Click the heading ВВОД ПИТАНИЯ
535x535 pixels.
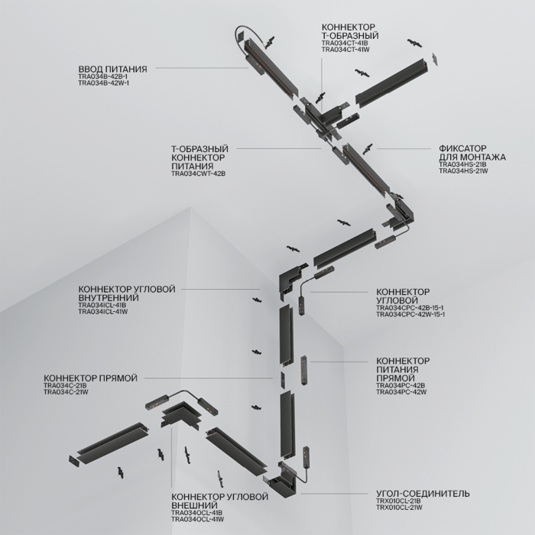coord(112,68)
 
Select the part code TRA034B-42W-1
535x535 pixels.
coord(104,83)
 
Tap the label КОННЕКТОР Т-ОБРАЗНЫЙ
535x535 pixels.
coord(350,31)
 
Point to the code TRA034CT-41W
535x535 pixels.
coord(345,50)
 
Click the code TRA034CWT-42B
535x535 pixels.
coord(199,173)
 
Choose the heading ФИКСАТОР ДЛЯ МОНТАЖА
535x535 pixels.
coord(472,153)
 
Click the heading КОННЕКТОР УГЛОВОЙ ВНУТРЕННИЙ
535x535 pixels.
coord(127,294)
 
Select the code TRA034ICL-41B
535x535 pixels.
coord(102,306)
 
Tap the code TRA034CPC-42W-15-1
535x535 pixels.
coord(411,314)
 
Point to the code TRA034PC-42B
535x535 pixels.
coord(400,385)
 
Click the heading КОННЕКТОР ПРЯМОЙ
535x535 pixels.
coord(90,378)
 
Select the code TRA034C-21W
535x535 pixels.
coord(66,393)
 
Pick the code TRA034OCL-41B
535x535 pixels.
coord(197,513)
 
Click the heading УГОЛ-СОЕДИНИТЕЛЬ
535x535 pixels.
coord(423,494)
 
